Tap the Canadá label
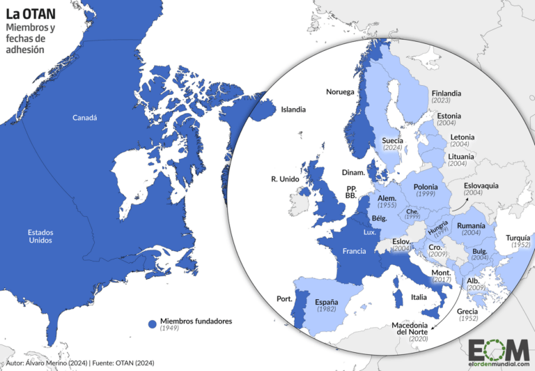click(x=85, y=118)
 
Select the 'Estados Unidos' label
click(x=40, y=236)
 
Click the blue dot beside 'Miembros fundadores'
click(x=151, y=324)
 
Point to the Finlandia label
click(x=446, y=92)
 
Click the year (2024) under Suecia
click(x=393, y=148)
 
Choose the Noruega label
click(x=340, y=92)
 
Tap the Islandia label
click(x=293, y=109)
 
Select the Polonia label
click(x=425, y=187)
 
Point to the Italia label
click(x=418, y=297)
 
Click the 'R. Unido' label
click(x=284, y=179)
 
